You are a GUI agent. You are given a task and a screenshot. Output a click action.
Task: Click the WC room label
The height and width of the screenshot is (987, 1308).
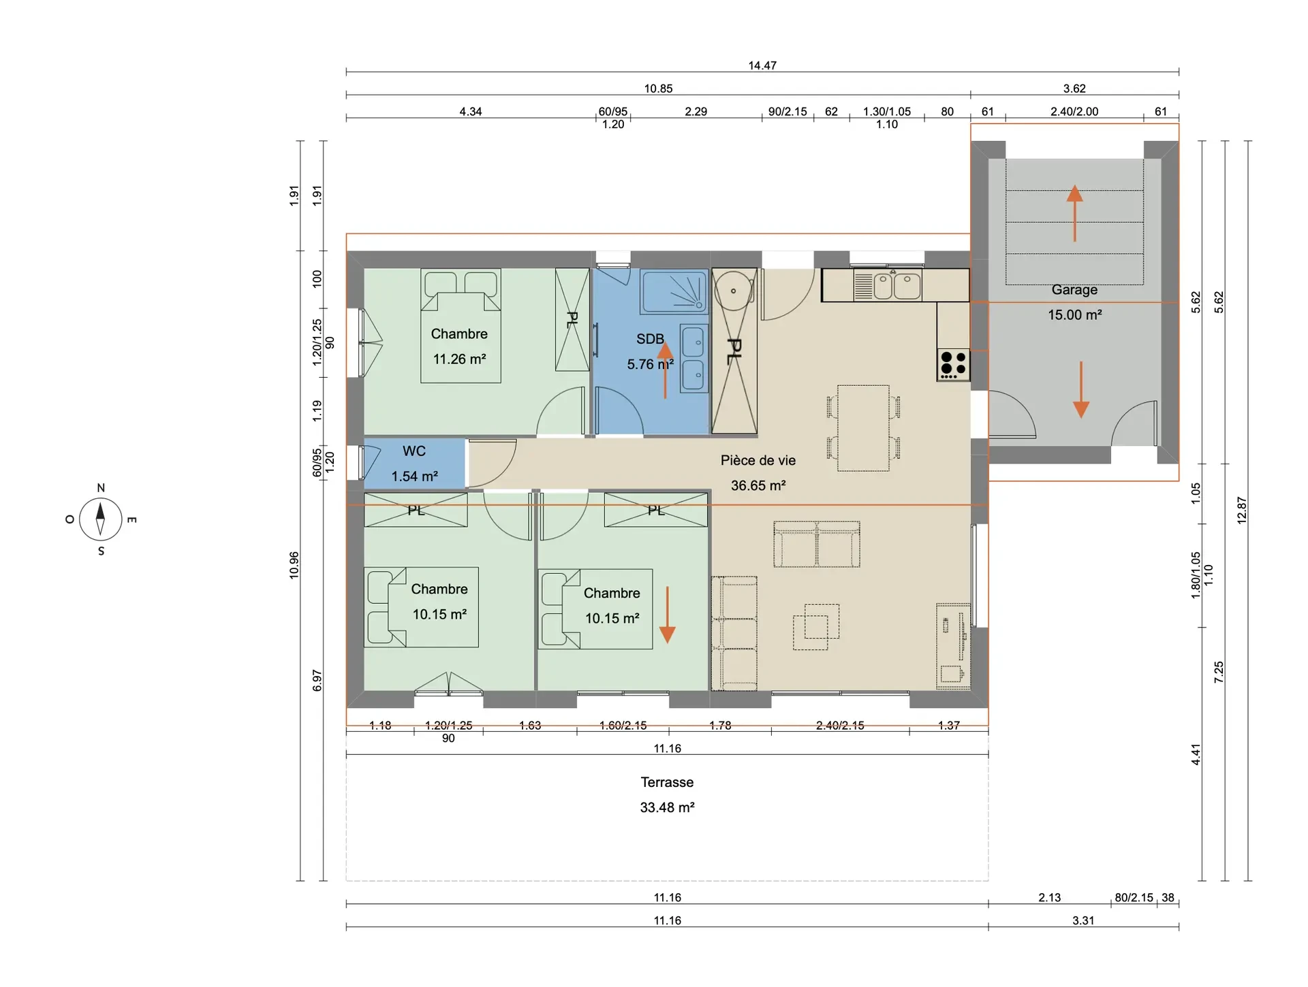tap(414, 451)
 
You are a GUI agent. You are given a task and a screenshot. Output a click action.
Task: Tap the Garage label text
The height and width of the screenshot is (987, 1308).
tap(1074, 289)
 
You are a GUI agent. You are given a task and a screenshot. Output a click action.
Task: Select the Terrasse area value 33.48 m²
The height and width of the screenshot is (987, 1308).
tap(667, 807)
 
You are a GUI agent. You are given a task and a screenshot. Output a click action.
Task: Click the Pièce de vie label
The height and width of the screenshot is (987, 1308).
tap(758, 460)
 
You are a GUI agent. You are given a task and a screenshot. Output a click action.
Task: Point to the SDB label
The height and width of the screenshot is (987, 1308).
tap(650, 339)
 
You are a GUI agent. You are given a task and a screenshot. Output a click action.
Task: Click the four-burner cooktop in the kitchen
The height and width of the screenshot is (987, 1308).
tap(953, 364)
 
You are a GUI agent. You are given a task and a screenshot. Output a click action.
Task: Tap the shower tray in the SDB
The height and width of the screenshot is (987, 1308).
tap(674, 292)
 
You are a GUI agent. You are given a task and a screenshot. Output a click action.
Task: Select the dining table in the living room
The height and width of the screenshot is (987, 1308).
tap(863, 428)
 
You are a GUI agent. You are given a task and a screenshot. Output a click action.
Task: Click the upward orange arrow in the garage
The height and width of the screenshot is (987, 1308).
tap(1074, 213)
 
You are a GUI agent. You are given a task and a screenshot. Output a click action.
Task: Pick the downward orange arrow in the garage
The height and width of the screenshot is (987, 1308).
tap(1081, 389)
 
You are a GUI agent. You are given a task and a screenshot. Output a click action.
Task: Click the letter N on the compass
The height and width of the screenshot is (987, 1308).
tap(101, 487)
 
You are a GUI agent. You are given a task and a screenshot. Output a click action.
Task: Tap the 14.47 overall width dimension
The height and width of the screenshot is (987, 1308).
tap(762, 65)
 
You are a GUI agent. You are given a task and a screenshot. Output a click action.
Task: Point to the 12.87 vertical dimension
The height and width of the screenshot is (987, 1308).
tap(1242, 510)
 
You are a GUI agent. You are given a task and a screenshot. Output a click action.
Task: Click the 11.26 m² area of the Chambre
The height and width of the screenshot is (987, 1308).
tap(459, 359)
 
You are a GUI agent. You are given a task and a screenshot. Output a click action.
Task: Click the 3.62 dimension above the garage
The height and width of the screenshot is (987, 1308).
tap(1074, 88)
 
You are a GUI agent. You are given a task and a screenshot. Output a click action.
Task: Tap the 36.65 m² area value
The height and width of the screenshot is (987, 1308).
tap(758, 485)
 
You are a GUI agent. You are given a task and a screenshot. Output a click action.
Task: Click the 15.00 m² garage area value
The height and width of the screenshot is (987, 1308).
tap(1074, 314)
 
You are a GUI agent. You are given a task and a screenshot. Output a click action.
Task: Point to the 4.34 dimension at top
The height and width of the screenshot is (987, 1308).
tap(470, 112)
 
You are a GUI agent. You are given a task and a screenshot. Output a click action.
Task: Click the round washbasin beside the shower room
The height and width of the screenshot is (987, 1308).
tap(733, 291)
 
